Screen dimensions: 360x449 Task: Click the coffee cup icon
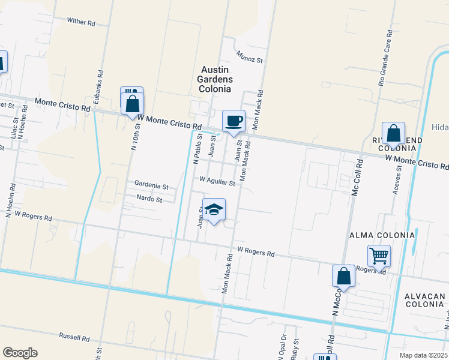234,121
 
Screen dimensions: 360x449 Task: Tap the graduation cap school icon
214,209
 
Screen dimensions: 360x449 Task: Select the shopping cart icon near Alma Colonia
379,256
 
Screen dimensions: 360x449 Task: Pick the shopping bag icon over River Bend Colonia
393,133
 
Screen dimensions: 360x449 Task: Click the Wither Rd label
81,22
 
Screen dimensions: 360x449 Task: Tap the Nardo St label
149,199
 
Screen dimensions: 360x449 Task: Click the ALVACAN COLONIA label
424,301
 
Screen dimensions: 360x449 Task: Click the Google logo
20,352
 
